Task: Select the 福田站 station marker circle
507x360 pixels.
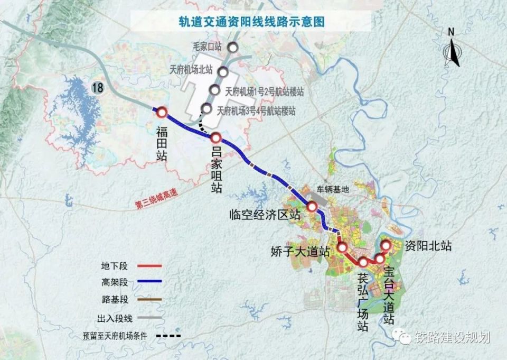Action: (x=161, y=112)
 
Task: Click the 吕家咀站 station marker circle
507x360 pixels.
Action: (x=215, y=138)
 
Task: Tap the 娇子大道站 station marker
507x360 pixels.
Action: (x=342, y=247)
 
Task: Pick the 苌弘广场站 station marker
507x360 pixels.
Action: (x=363, y=262)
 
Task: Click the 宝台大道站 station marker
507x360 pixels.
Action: (x=380, y=258)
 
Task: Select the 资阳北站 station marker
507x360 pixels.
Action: (x=386, y=245)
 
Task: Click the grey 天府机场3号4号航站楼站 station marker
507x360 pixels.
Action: (x=207, y=109)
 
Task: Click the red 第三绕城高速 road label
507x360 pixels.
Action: (x=157, y=202)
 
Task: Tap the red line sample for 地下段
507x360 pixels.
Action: (x=151, y=266)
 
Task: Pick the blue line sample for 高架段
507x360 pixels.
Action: (x=151, y=282)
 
